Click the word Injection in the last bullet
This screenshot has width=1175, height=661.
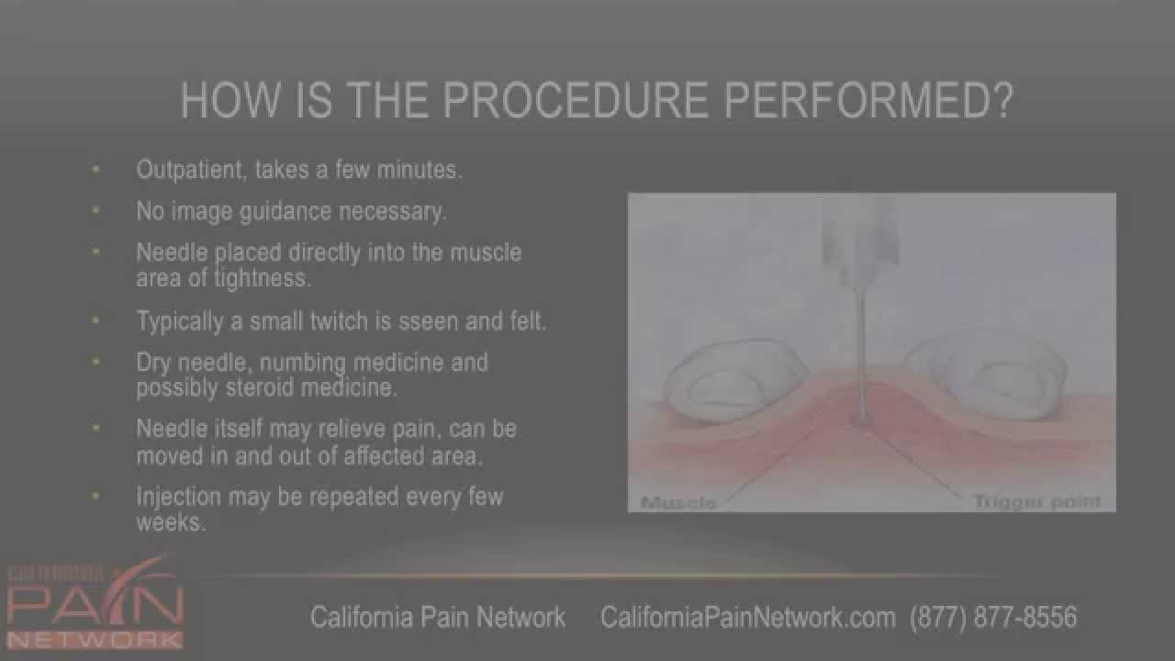[x=178, y=497]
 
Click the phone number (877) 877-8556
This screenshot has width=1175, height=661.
[x=993, y=617]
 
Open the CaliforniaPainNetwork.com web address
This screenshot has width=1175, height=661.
[x=747, y=617]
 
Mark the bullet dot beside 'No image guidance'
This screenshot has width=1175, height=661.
[x=96, y=211]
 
